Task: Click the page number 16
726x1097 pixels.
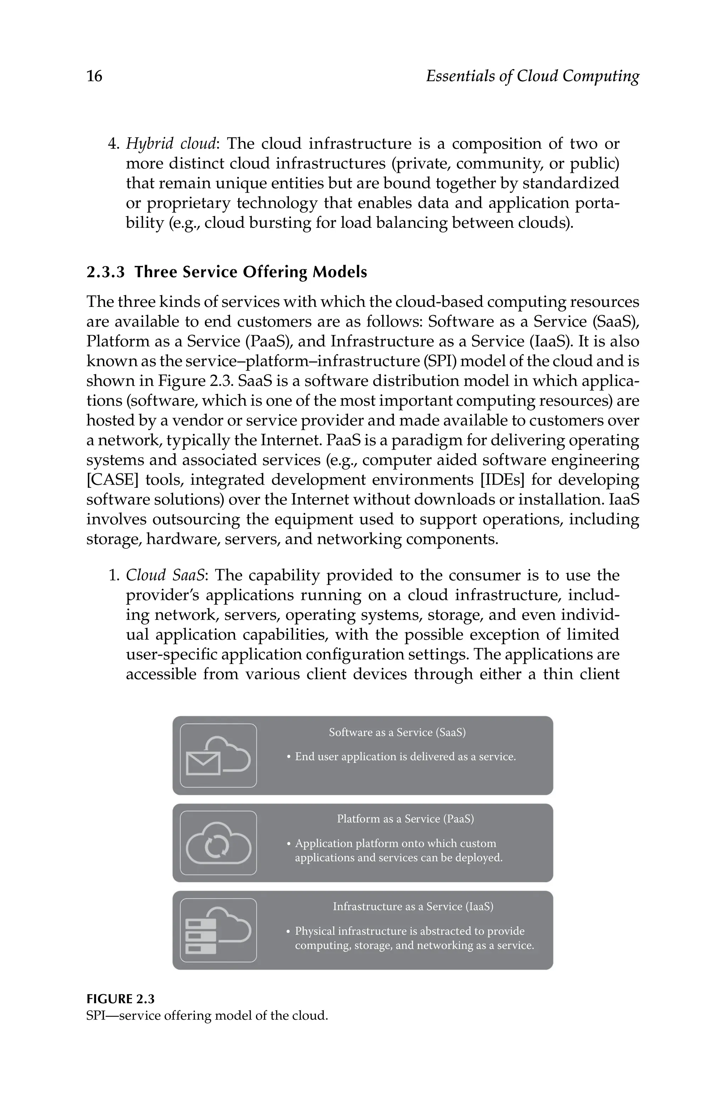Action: [94, 76]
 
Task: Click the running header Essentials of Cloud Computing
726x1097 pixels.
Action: [532, 76]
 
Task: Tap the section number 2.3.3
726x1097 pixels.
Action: [106, 272]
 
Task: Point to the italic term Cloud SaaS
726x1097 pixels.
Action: [165, 575]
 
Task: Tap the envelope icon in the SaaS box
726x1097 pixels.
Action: [203, 763]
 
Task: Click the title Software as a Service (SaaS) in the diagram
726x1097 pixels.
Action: [397, 732]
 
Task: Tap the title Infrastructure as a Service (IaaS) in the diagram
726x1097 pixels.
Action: [413, 906]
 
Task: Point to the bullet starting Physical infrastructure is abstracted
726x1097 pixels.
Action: [410, 932]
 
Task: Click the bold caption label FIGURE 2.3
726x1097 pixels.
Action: [121, 999]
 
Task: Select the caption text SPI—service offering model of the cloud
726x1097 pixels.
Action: [207, 1016]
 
